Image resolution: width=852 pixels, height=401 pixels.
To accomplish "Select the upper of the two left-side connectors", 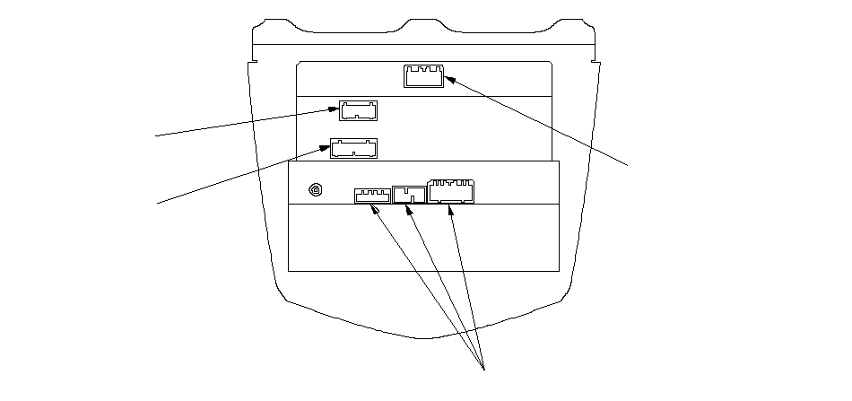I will pos(358,110).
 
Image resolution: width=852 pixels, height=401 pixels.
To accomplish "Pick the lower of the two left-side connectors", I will pos(354,147).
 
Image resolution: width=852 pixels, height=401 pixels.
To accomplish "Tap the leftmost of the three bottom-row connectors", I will pos(371,195).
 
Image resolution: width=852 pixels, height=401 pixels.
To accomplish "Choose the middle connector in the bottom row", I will pos(410,194).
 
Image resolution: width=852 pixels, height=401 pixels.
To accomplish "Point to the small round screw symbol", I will pos(315,190).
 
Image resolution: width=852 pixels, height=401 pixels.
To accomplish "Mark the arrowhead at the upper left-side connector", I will pos(334,112).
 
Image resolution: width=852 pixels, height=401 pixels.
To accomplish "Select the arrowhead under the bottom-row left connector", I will pos(376,209).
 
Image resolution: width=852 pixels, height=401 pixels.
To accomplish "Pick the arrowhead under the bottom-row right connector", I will pos(450,210).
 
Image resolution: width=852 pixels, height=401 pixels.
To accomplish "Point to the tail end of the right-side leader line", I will pos(629,164).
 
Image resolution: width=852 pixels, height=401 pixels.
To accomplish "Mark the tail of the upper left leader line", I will pos(157,136).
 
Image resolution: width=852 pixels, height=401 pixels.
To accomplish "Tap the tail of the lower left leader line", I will pos(159,204).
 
